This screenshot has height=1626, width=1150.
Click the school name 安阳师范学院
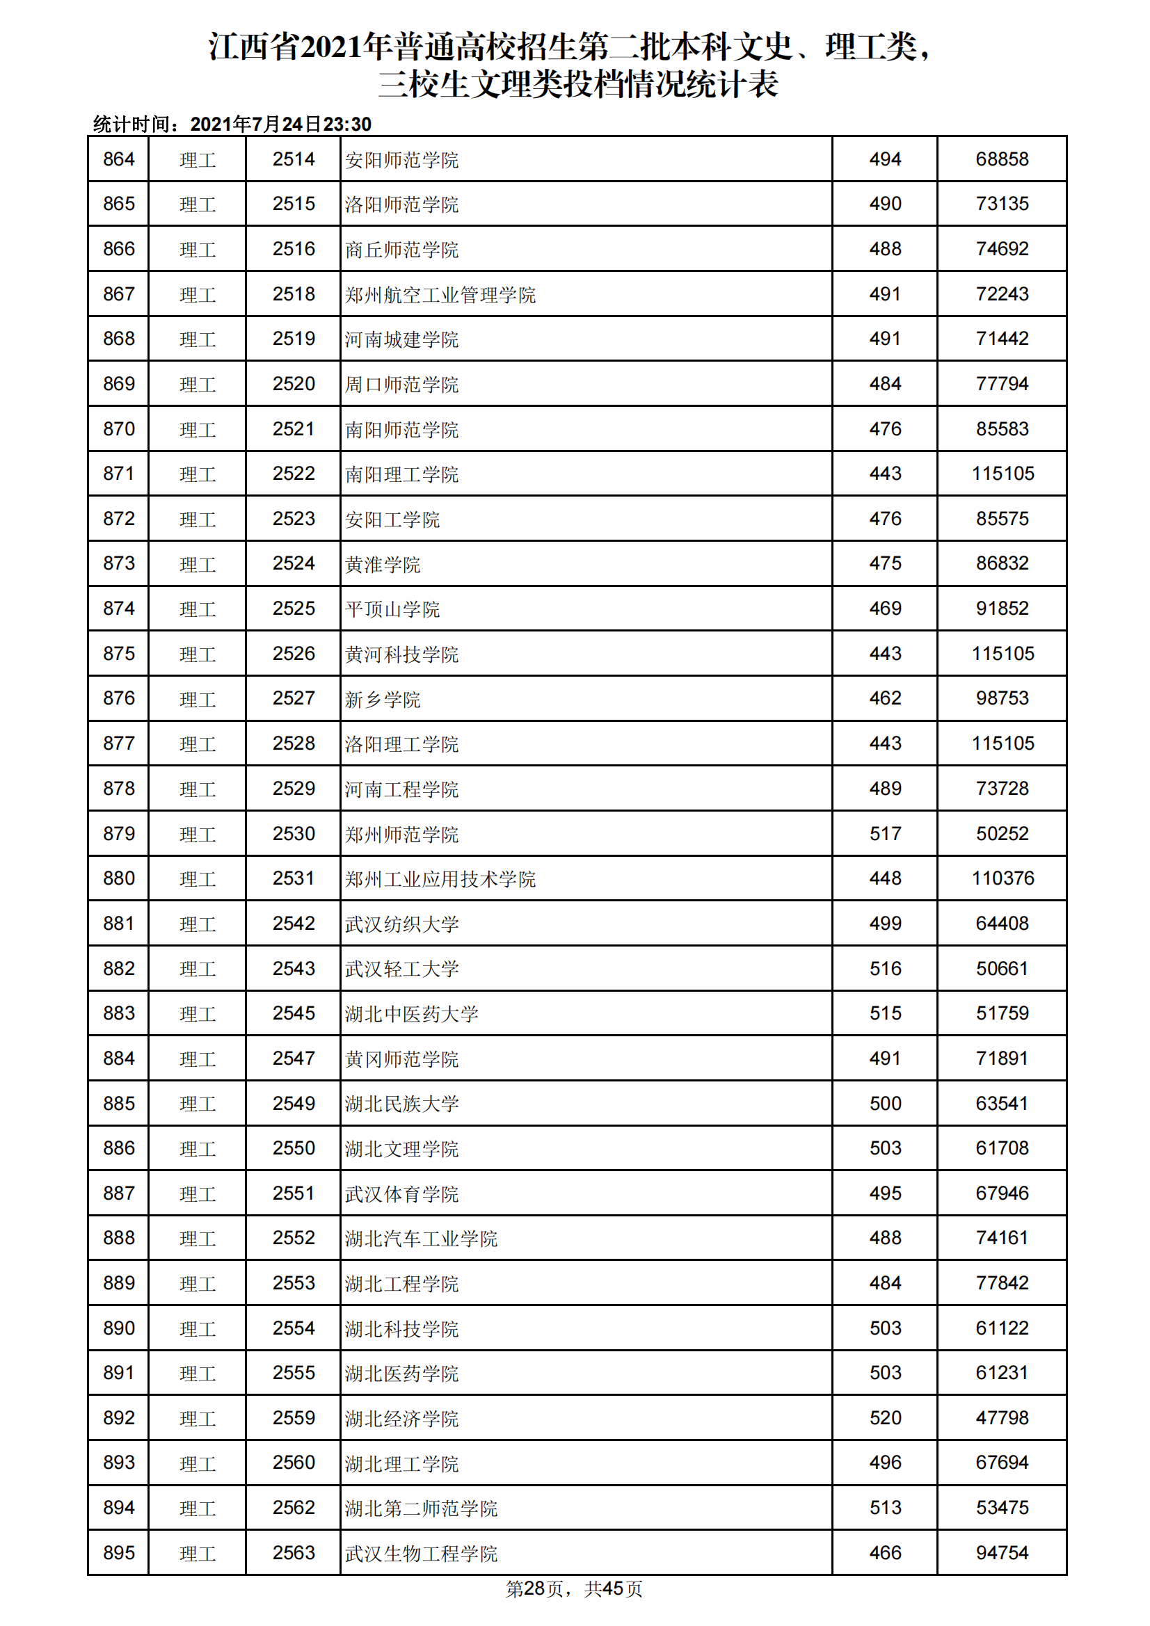tap(401, 160)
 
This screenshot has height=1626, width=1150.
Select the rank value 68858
tap(1001, 159)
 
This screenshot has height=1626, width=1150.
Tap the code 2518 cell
tap(294, 294)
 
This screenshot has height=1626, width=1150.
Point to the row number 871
tap(118, 474)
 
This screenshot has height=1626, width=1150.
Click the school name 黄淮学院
tap(382, 565)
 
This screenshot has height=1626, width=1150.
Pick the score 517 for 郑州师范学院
tap(885, 834)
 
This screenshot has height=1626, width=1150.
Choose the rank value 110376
tap(1002, 879)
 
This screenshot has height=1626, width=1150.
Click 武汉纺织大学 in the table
tap(401, 924)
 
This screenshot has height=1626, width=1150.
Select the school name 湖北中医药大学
tap(411, 1014)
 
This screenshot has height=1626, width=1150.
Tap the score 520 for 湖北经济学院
tap(885, 1419)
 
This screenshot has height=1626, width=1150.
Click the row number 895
tap(118, 1553)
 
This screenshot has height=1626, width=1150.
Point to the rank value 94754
tap(1001, 1553)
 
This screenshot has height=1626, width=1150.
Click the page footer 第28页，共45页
tap(574, 1589)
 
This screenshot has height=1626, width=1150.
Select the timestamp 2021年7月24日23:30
tap(280, 124)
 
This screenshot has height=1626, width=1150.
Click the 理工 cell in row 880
tap(197, 880)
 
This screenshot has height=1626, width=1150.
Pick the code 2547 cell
tap(294, 1058)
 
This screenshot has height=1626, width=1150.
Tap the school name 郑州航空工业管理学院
tap(440, 295)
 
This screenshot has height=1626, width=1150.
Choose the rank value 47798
tap(1001, 1419)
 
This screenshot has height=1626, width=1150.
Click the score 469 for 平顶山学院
tap(885, 609)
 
